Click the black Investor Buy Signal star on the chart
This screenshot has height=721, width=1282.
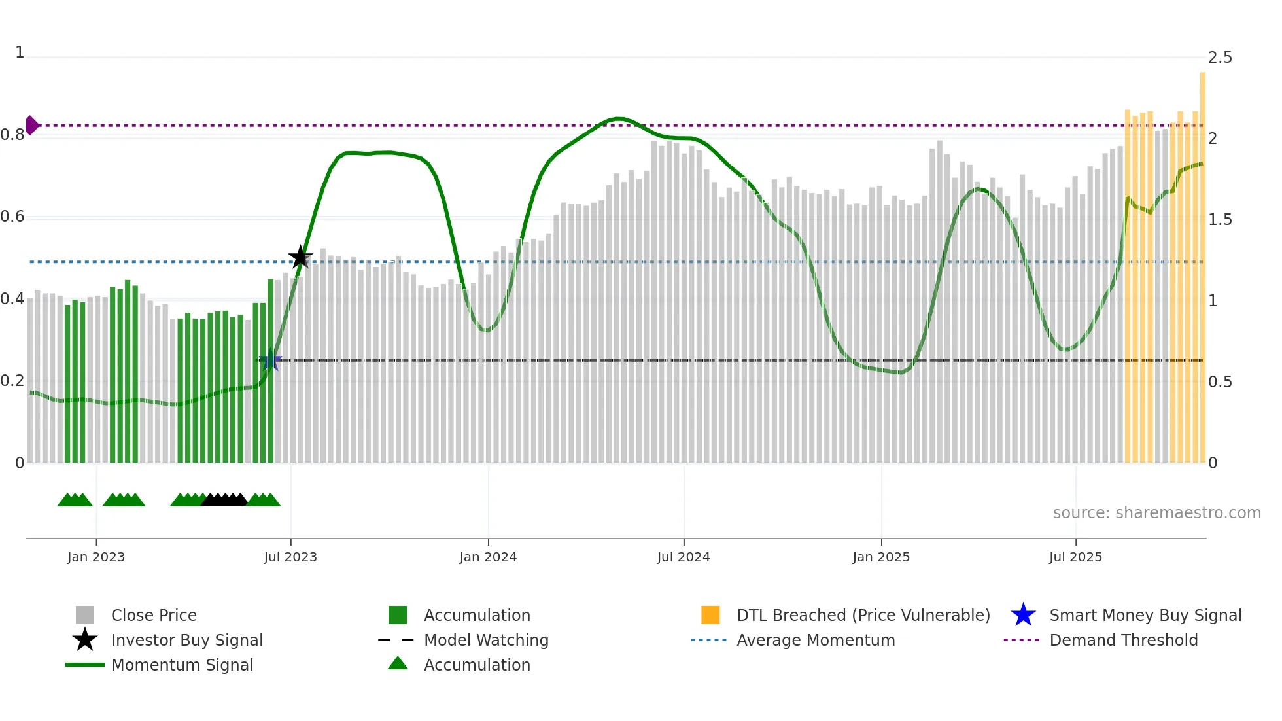click(x=300, y=257)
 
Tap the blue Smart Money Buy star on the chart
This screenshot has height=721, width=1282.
click(x=271, y=360)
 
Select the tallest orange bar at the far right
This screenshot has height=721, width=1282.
click(x=1202, y=262)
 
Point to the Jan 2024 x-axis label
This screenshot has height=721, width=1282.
click(x=488, y=557)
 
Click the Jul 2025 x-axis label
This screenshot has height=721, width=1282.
click(x=1075, y=557)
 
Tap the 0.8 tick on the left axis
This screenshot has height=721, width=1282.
click(x=12, y=135)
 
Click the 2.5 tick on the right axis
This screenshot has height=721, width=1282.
click(x=1220, y=58)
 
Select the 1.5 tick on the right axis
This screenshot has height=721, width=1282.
click(x=1220, y=220)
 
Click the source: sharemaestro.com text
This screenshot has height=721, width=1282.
click(x=1156, y=512)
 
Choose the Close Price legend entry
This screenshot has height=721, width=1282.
click(x=154, y=615)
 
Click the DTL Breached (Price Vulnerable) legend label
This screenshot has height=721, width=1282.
click(x=863, y=615)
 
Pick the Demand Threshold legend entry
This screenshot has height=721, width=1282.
click(x=1123, y=640)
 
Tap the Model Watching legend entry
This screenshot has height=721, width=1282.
click(x=486, y=640)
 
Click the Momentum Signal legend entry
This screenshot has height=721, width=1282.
click(x=182, y=665)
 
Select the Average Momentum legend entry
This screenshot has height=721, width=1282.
click(x=815, y=640)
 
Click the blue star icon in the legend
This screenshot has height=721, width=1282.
click(x=1023, y=615)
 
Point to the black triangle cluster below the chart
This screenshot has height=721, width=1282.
click(x=224, y=500)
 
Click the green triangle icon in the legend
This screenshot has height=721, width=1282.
click(x=398, y=663)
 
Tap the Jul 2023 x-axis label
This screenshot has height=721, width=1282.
click(x=290, y=557)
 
